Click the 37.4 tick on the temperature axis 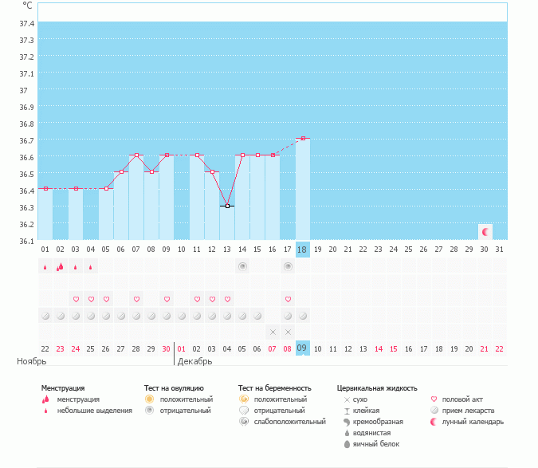click(x=26, y=23)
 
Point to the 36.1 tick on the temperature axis click(x=26, y=241)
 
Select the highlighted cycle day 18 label click(x=302, y=250)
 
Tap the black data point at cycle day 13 click(x=227, y=206)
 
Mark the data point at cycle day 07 click(x=136, y=155)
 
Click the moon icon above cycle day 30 click(x=485, y=231)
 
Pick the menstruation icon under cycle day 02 click(x=60, y=267)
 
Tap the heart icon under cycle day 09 click(x=167, y=299)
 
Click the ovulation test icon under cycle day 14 click(x=242, y=266)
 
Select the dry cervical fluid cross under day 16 click(x=273, y=331)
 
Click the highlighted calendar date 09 click(x=302, y=348)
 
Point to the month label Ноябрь click(x=29, y=361)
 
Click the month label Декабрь click(x=194, y=361)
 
